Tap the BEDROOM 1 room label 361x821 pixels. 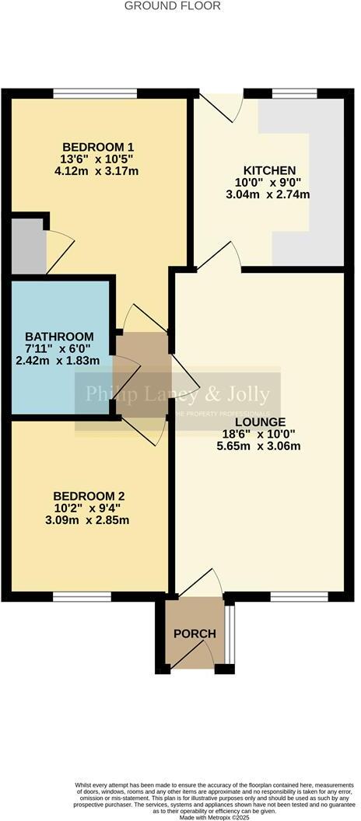click(x=99, y=146)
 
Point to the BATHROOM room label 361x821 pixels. click(x=63, y=336)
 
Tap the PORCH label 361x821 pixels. click(x=195, y=634)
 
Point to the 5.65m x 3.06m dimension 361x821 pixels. click(x=249, y=445)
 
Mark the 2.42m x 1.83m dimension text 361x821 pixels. click(x=63, y=361)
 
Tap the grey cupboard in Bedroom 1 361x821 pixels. click(x=28, y=246)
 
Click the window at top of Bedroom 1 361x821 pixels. click(x=96, y=93)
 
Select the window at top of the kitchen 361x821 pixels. click(x=294, y=93)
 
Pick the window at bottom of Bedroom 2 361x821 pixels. click(x=82, y=596)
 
